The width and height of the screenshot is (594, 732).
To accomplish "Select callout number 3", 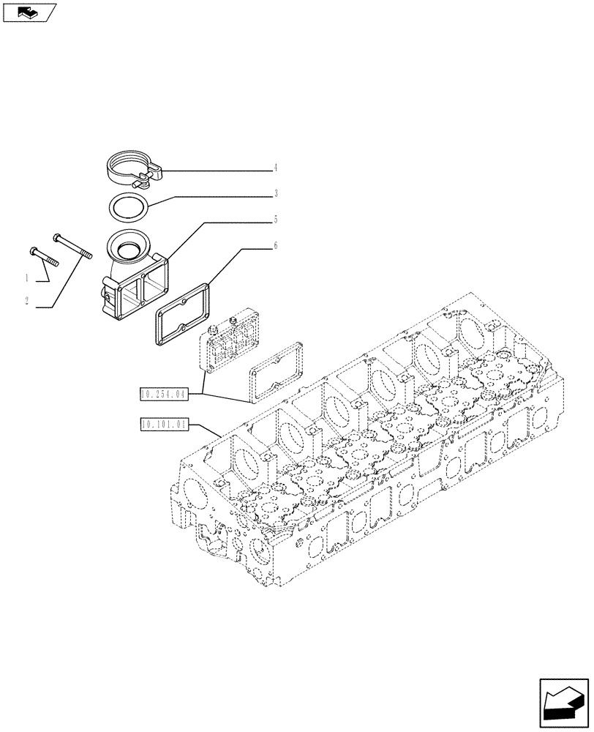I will (276, 194).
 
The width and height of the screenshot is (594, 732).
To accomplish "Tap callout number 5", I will (276, 219).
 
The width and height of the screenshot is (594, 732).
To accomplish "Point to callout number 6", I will (276, 246).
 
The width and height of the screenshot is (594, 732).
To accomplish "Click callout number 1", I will (27, 278).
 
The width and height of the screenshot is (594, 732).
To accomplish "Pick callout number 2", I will (27, 302).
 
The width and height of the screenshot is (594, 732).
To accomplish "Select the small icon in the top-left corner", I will (29, 12).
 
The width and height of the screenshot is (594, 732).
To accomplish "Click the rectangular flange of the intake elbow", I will (139, 293).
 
